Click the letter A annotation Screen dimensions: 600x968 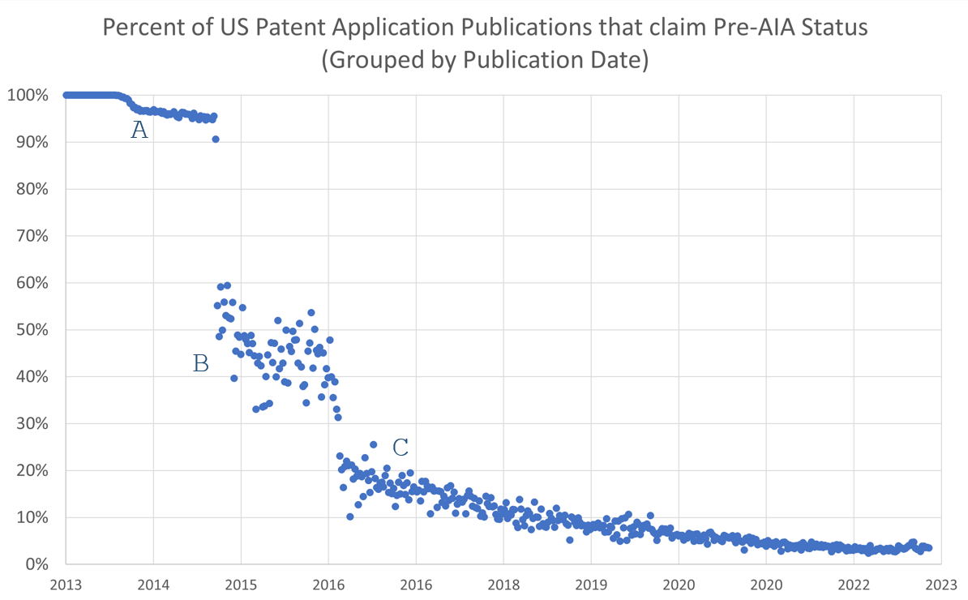coord(139,130)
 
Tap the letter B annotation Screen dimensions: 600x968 coord(200,364)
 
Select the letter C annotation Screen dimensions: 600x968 coord(400,448)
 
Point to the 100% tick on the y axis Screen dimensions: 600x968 coord(29,96)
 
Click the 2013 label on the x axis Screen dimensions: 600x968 coord(66,583)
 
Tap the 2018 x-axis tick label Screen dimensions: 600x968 coord(503,583)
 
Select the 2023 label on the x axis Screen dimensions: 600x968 coord(940,583)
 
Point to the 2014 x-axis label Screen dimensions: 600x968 coord(152,583)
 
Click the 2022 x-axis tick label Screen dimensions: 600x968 coord(853,583)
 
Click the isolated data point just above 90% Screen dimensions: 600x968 coord(216,139)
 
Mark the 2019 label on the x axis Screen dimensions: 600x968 coord(590,583)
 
